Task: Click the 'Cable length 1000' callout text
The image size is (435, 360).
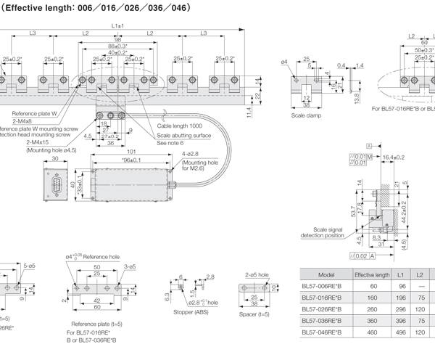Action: click(181, 126)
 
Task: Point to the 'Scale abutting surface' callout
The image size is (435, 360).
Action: click(184, 134)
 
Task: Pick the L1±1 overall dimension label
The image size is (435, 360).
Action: click(118, 26)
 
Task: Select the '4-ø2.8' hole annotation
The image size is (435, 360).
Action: click(191, 154)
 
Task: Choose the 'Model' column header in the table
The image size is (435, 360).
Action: click(326, 275)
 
